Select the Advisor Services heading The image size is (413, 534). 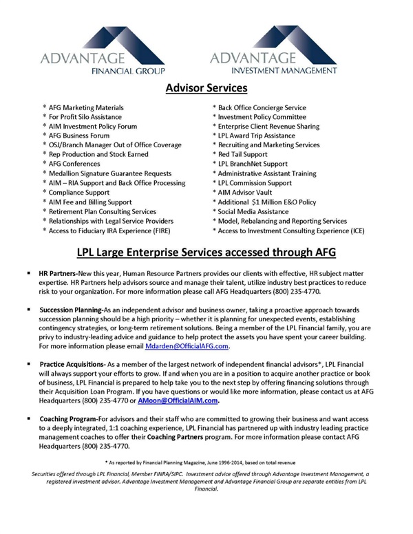pyautogui.click(x=206, y=89)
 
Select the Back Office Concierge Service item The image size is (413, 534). pyautogui.click(x=262, y=108)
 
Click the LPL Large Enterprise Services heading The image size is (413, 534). pyautogui.click(x=206, y=253)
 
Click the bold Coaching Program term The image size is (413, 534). pyautogui.click(x=68, y=418)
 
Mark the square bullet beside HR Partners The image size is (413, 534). pyautogui.click(x=30, y=273)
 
